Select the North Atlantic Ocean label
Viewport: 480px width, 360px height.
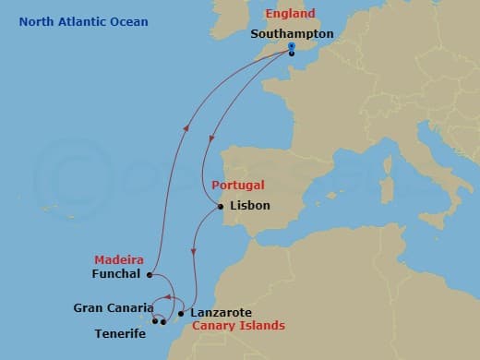[83, 21]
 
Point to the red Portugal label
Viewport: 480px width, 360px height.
[238, 186]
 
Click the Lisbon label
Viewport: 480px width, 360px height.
[249, 206]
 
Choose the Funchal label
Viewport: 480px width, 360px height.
[116, 274]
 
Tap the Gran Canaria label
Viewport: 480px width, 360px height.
[114, 307]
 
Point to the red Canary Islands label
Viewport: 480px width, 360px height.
[238, 327]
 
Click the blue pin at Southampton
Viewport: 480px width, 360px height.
[291, 47]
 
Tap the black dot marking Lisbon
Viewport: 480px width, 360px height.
[221, 207]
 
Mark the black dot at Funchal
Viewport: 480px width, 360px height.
[149, 274]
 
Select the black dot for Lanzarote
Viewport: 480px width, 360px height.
[181, 313]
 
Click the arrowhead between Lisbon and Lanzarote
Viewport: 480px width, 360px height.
[192, 251]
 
